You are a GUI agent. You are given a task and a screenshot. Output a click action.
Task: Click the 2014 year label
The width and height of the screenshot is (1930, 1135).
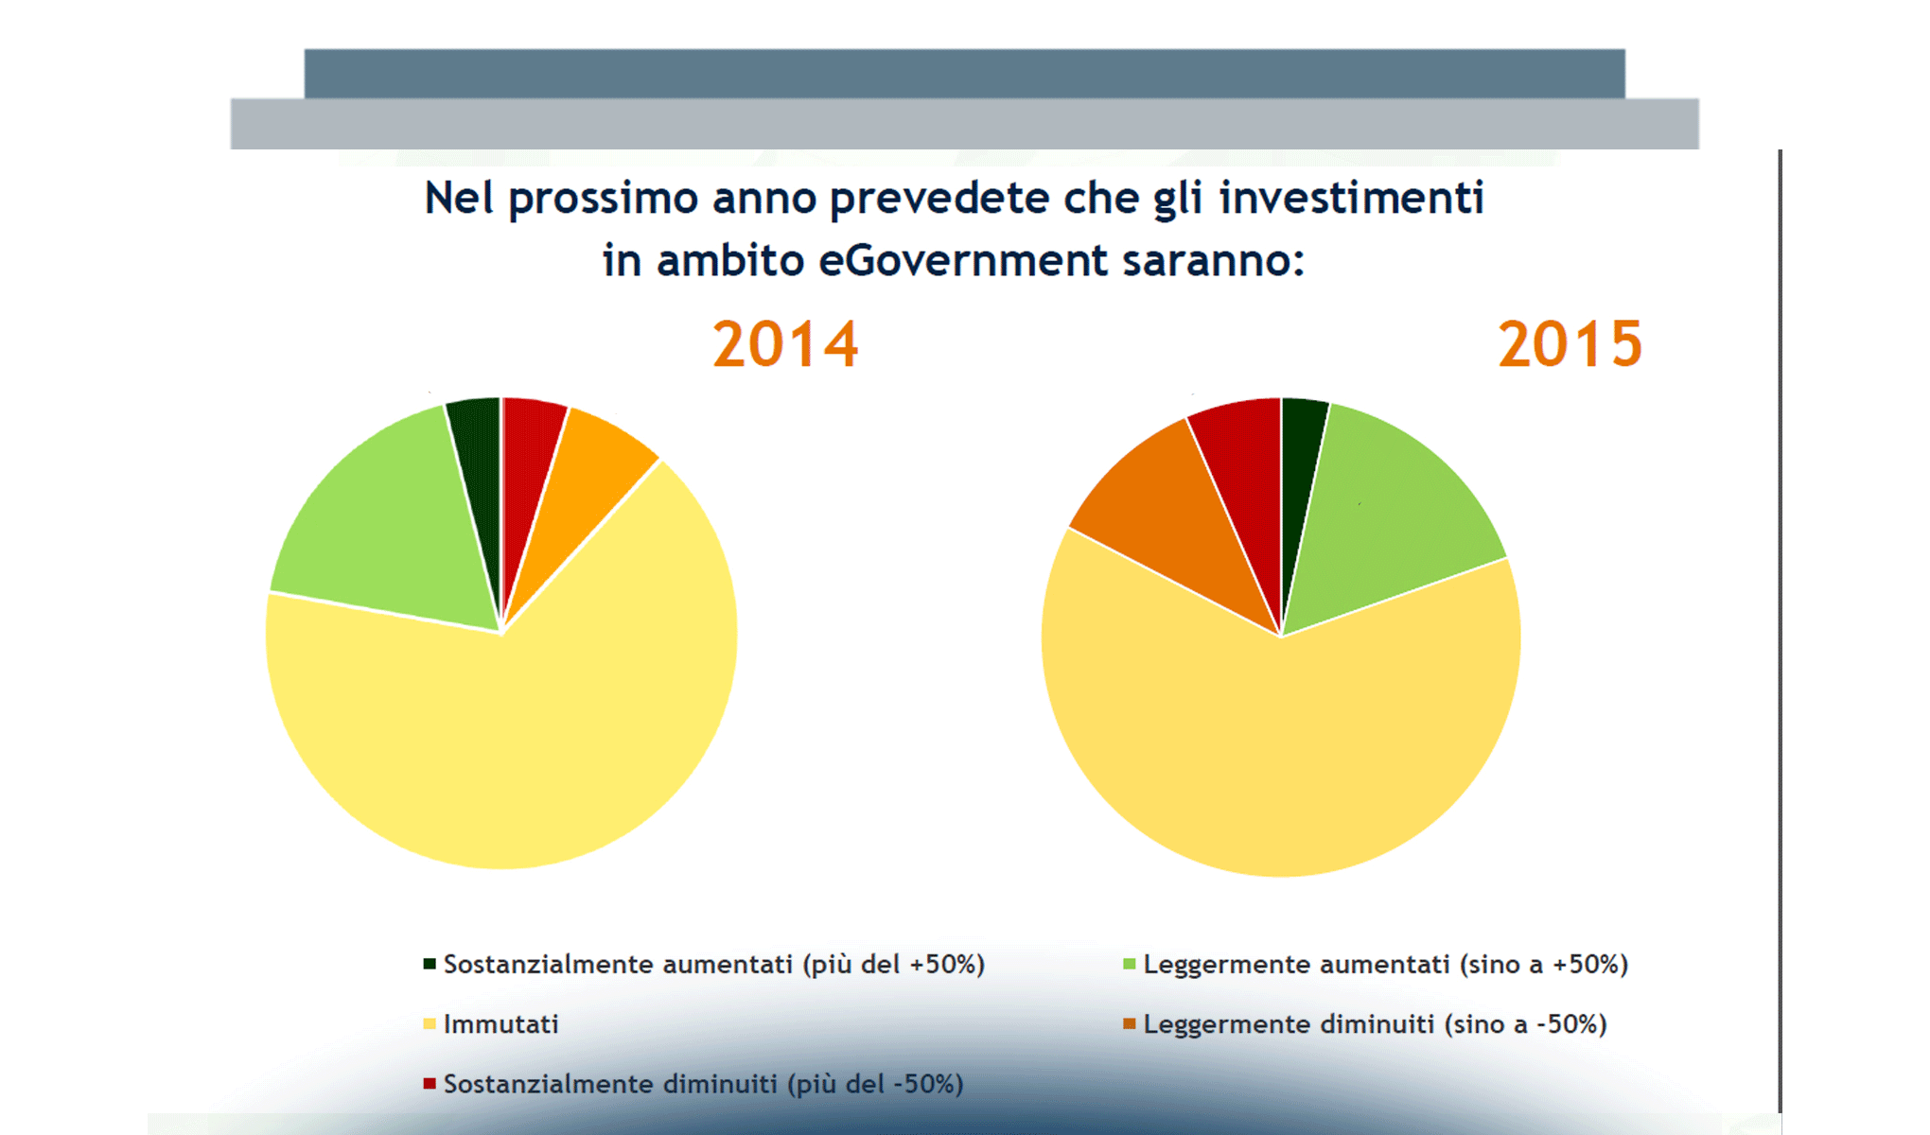[785, 344]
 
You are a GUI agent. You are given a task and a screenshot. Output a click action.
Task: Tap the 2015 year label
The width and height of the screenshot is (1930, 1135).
[1570, 344]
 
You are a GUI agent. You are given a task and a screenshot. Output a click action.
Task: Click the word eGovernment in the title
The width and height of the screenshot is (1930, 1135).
[962, 260]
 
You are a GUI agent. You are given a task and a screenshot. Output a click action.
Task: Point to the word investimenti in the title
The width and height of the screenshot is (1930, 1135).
[1351, 199]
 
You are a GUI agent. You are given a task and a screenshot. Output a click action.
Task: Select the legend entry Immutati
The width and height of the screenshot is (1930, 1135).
[500, 1024]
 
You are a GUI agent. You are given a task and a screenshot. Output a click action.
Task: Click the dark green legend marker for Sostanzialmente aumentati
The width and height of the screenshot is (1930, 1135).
[430, 964]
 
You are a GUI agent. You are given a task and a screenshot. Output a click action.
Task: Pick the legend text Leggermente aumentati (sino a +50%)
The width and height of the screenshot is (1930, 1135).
[1385, 965]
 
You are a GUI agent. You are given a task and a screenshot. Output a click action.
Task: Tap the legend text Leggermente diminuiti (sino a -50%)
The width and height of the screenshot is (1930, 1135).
[1375, 1024]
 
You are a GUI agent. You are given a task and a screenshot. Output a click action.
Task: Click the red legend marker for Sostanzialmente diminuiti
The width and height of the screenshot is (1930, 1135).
[430, 1083]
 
